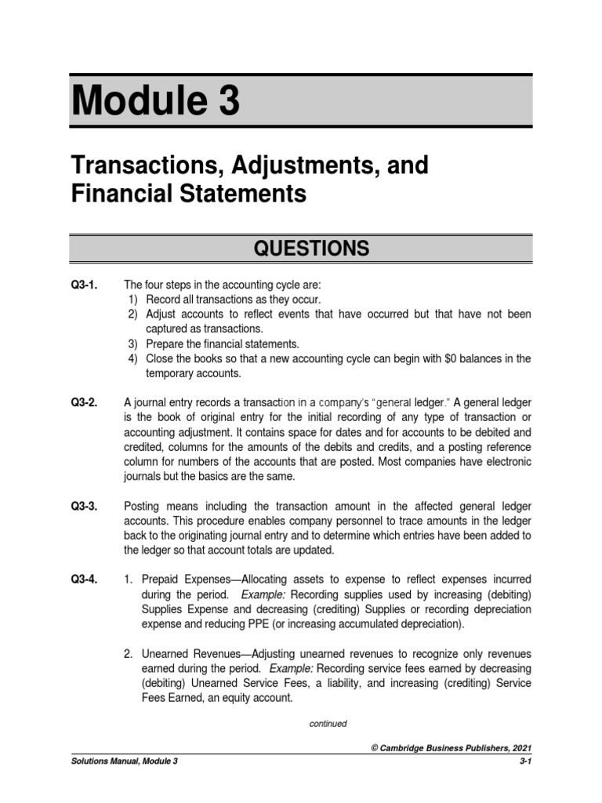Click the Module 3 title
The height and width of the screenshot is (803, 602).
pyautogui.click(x=156, y=102)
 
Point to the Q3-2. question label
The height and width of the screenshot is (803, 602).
pyautogui.click(x=85, y=403)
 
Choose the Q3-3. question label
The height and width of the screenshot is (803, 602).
pyautogui.click(x=85, y=507)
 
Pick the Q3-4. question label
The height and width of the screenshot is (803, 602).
pyautogui.click(x=85, y=580)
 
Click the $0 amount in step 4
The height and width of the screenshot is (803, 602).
pyautogui.click(x=435, y=358)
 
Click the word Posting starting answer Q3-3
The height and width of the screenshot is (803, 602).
pyautogui.click(x=142, y=507)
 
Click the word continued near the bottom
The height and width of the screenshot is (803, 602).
pyautogui.click(x=328, y=724)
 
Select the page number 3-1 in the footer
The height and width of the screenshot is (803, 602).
pyautogui.click(x=525, y=761)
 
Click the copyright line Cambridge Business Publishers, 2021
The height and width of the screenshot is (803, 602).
pyautogui.click(x=452, y=749)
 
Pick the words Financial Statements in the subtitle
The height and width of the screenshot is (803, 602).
pyautogui.click(x=188, y=194)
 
